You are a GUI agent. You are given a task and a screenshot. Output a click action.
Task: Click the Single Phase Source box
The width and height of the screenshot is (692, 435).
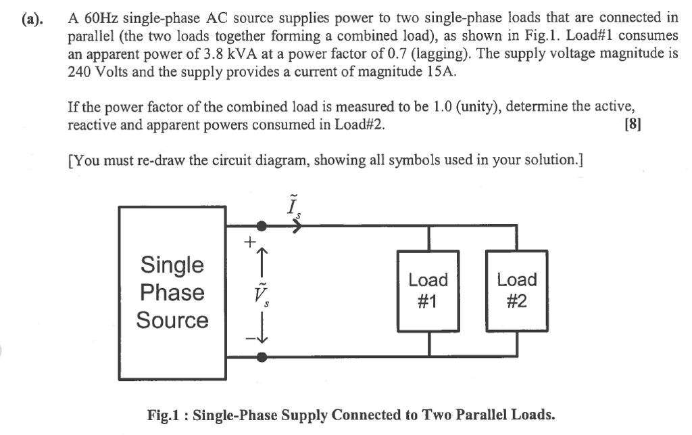pos(172,292)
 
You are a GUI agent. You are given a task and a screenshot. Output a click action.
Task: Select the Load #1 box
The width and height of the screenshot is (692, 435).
pos(428,290)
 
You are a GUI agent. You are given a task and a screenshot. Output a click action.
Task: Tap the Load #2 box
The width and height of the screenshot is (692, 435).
pos(517,290)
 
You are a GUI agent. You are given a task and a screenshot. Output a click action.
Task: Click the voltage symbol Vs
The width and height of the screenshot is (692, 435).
pos(259,293)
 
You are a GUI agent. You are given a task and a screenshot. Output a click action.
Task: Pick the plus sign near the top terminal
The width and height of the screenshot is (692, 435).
pos(250,240)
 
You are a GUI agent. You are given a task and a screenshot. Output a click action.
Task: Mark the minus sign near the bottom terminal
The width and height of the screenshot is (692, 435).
pos(249,339)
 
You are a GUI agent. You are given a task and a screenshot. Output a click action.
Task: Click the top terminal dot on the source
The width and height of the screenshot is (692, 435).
pos(262,227)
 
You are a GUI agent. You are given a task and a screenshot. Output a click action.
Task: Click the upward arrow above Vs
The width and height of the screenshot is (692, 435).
pos(262,260)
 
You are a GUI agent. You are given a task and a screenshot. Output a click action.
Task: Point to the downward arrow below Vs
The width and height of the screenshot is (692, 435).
pos(262,331)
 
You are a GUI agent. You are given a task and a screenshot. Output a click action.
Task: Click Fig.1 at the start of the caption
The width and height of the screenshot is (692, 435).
pos(166,414)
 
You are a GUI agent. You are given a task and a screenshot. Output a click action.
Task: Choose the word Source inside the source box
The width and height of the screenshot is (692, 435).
pos(172,320)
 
